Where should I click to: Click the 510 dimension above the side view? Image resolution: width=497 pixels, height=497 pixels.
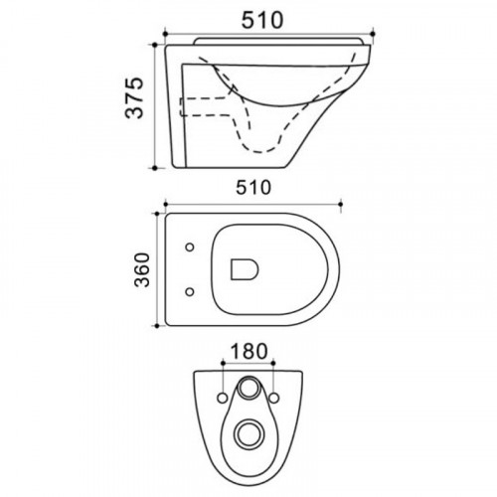[x=262, y=20]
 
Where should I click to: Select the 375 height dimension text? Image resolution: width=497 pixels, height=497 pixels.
[x=134, y=97]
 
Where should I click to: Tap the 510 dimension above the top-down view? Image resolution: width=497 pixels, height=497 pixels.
[x=253, y=188]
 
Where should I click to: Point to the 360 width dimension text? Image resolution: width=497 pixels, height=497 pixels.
[x=142, y=269]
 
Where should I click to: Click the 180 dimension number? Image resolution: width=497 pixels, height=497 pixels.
[x=248, y=351]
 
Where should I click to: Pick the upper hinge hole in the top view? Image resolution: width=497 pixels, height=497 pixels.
[x=190, y=248]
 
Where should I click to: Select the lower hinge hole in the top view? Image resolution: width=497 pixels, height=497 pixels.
[x=190, y=292]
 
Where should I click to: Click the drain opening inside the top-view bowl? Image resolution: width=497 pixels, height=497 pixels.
[x=245, y=269]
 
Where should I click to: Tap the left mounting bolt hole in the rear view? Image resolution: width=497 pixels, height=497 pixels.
[x=223, y=398]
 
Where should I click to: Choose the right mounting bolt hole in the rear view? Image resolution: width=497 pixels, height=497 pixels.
[x=274, y=398]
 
